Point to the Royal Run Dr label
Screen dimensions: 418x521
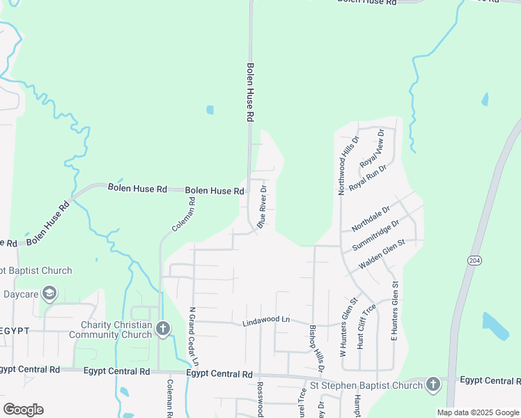click(x=367, y=178)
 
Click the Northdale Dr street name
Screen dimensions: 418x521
click(x=371, y=218)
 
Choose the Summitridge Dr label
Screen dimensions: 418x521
click(x=375, y=236)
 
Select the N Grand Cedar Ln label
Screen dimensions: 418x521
click(x=193, y=338)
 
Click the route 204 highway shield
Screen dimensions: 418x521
click(x=474, y=260)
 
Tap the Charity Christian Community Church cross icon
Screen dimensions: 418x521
click(x=163, y=328)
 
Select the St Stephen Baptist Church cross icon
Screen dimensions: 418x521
click(x=433, y=385)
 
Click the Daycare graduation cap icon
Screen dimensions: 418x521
click(x=49, y=294)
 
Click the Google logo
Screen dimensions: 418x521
click(x=23, y=410)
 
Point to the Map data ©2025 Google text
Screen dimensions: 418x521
click(x=477, y=412)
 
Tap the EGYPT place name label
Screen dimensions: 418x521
click(x=14, y=330)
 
